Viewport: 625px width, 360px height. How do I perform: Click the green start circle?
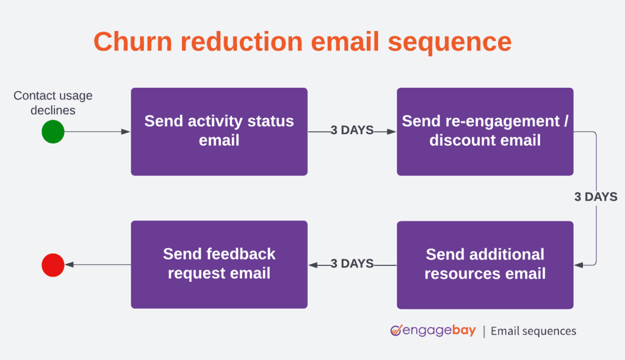pyautogui.click(x=53, y=132)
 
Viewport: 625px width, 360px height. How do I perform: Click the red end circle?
pyautogui.click(x=53, y=265)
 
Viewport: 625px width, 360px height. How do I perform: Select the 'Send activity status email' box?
pyautogui.click(x=219, y=131)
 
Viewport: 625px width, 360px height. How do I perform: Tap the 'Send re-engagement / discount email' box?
pyautogui.click(x=485, y=131)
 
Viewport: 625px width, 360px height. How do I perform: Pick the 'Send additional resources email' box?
pyautogui.click(x=485, y=264)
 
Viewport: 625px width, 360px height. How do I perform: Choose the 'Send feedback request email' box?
pyautogui.click(x=219, y=264)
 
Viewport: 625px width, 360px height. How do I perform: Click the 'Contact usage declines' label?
pyautogui.click(x=53, y=103)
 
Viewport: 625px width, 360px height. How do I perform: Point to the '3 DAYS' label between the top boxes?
pyautogui.click(x=352, y=131)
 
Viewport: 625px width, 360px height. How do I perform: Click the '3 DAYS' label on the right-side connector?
pyautogui.click(x=595, y=197)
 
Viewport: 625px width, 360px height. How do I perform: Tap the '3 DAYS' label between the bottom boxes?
pyautogui.click(x=352, y=264)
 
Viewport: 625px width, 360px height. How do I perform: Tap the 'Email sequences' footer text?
pyautogui.click(x=533, y=331)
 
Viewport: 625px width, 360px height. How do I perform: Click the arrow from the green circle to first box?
pyautogui.click(x=97, y=132)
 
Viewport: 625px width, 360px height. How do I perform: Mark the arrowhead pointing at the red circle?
pyautogui.click(x=69, y=265)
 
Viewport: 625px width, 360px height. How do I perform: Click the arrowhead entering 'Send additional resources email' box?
pyautogui.click(x=579, y=265)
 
